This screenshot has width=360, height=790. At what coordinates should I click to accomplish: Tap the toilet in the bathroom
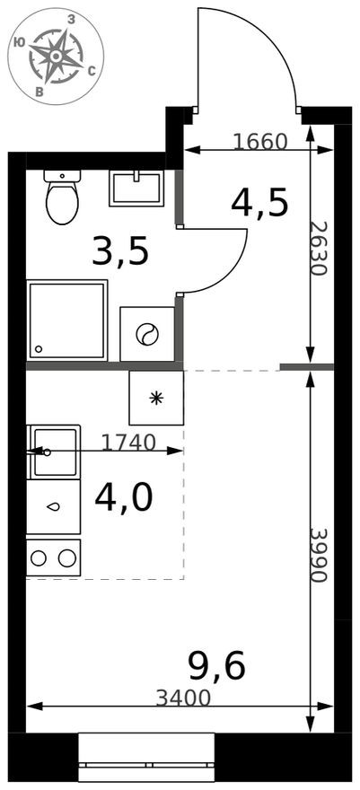click(x=62, y=198)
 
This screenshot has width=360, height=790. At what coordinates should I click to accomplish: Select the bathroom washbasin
click(x=136, y=188)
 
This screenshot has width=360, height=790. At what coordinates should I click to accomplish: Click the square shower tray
click(x=66, y=320)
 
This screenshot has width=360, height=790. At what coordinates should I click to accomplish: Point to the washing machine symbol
click(x=147, y=335)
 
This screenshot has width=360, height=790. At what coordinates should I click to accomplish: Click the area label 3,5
click(x=119, y=253)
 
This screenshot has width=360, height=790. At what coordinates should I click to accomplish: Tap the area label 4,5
click(x=259, y=204)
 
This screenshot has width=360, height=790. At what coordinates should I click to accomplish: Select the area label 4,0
click(x=123, y=497)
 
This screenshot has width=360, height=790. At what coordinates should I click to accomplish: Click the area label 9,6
click(x=216, y=665)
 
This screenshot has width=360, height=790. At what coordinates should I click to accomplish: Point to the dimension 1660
click(x=259, y=141)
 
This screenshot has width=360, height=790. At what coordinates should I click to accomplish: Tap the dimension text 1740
click(x=128, y=442)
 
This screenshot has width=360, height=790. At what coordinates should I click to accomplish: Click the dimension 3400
click(x=183, y=698)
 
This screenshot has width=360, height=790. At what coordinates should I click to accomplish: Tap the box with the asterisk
click(x=156, y=398)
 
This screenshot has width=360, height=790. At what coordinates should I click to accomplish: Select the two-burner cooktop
click(x=54, y=557)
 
